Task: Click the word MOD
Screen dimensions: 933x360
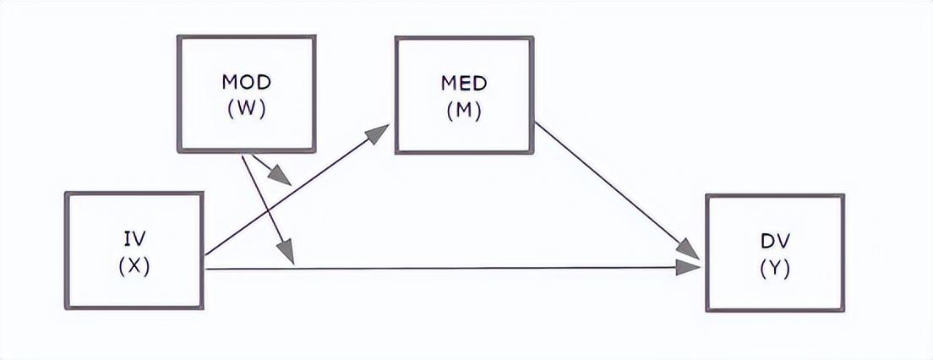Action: (x=246, y=82)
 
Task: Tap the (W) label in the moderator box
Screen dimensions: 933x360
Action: (x=246, y=110)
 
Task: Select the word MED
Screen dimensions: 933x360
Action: (x=464, y=84)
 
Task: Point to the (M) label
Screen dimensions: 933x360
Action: (x=464, y=112)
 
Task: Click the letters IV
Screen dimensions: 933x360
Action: (x=134, y=239)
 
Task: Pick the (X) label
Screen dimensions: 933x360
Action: (x=134, y=267)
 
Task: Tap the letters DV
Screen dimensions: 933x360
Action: (x=775, y=241)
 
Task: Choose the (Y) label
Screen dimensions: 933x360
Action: (x=775, y=270)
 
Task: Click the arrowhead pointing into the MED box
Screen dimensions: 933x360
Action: (x=377, y=134)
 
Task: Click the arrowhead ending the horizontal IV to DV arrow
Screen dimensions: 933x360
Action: (x=689, y=268)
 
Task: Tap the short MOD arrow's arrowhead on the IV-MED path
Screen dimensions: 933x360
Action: (x=281, y=176)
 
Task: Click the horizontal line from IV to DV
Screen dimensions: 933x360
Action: (x=453, y=269)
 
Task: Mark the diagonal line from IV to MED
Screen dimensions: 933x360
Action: (x=297, y=189)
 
